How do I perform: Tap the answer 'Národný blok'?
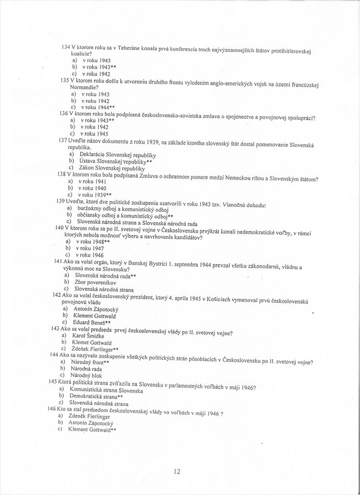point(86,375)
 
